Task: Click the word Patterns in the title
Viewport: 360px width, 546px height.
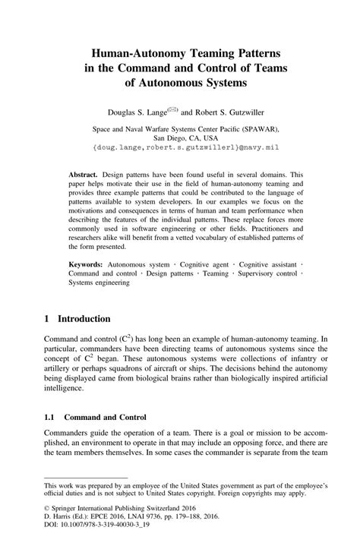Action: tap(245, 55)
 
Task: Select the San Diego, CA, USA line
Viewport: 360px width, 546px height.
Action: tap(180, 139)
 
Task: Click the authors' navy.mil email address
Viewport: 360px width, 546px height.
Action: tap(180, 150)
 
